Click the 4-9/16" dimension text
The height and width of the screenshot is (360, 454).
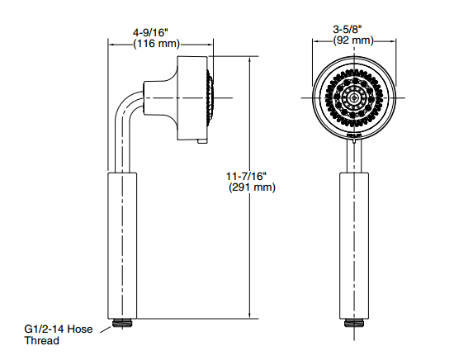150,32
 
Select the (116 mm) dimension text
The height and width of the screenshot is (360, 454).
156,44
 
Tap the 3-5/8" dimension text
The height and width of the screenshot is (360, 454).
348,29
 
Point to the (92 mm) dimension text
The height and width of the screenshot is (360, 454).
353,40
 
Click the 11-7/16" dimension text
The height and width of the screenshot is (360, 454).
246,176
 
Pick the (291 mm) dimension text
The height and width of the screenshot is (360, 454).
252,187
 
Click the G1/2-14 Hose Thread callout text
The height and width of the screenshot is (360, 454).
59,334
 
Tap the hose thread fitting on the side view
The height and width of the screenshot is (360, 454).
122,323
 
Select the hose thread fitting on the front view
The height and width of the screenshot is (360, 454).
354,323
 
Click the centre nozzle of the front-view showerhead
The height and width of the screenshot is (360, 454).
354,98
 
